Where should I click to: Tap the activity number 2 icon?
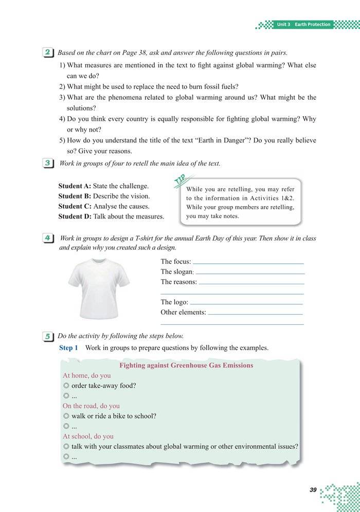pos(47,52)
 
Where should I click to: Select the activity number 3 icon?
pos(47,163)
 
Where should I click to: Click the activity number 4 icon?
pos(47,239)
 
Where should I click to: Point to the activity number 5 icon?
pos(47,336)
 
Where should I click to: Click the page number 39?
pos(313,490)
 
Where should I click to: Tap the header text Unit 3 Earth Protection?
pos(303,25)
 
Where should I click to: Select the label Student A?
pos(75,186)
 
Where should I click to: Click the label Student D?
pos(75,216)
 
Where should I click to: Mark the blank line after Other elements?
pos(255,314)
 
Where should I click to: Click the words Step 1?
pos(68,348)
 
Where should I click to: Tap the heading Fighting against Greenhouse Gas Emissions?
pos(186,365)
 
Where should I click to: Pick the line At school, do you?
pos(88,436)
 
